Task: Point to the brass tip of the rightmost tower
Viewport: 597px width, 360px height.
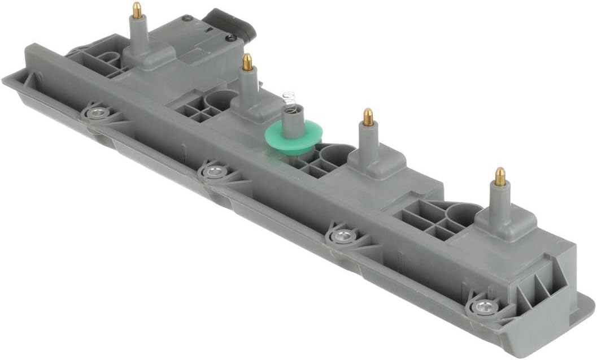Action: point(500,176)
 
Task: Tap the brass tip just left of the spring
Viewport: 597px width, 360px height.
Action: point(247,62)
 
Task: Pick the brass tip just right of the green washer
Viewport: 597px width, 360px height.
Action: point(368,117)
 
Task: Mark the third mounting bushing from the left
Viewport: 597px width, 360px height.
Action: point(341,236)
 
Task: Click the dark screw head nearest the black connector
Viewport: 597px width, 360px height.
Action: point(230,38)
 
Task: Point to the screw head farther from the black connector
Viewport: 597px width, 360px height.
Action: point(186,19)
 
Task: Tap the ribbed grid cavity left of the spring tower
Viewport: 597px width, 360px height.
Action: point(198,110)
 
